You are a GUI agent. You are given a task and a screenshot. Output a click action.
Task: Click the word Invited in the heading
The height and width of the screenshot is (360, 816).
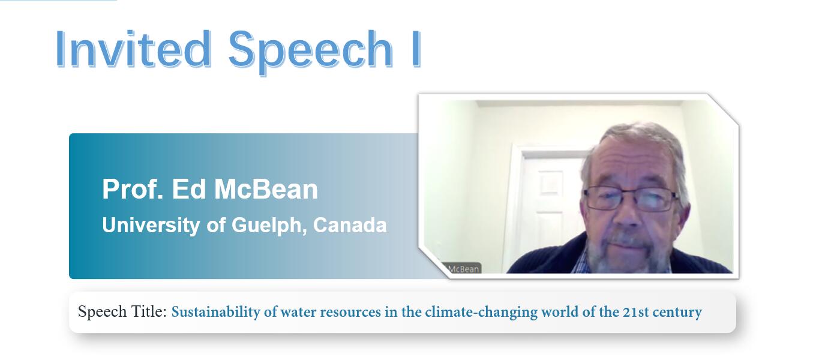(133, 49)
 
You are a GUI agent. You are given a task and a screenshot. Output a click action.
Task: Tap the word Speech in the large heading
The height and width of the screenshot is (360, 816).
(311, 52)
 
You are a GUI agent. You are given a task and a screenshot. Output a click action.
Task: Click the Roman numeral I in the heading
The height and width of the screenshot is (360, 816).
(416, 49)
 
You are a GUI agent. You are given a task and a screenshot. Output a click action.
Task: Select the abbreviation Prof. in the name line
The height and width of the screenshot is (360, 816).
(133, 189)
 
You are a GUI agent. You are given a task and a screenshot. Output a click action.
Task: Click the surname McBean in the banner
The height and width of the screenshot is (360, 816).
(266, 189)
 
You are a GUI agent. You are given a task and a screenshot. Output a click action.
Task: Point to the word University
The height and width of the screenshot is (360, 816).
(151, 225)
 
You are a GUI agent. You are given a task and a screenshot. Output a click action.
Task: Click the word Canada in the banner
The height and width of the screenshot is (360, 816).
(350, 225)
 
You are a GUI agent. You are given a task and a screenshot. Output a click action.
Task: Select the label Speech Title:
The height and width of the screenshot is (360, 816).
(122, 312)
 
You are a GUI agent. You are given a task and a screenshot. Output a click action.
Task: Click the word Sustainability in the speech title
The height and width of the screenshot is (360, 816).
(215, 312)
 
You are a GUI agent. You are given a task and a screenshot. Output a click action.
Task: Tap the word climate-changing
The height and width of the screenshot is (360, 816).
(481, 312)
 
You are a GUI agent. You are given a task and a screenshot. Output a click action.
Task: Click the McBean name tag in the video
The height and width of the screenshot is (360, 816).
(463, 269)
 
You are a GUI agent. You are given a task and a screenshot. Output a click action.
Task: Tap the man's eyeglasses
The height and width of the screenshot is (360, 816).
(631, 199)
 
